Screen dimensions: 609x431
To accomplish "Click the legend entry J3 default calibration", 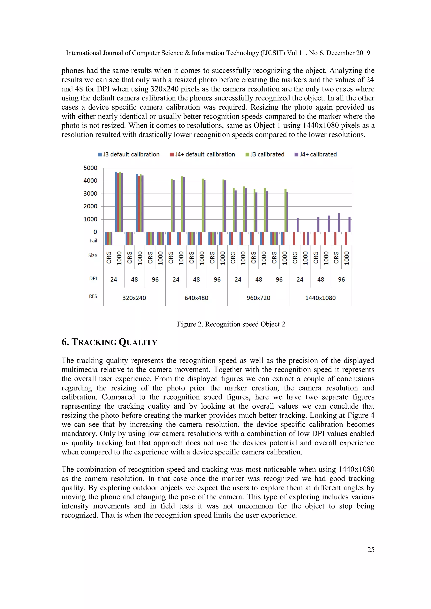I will coord(129,154).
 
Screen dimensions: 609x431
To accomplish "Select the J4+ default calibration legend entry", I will coord(203,154).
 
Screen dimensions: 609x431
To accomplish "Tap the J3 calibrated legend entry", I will coord(265,154).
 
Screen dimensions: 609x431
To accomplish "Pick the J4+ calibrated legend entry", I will coord(316,154).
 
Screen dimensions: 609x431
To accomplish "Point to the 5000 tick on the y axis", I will coord(90,168).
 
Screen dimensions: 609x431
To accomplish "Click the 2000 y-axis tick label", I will coord(90,206).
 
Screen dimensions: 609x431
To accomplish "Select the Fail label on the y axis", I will coord(93,241).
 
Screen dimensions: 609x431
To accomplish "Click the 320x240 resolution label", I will coord(134,298).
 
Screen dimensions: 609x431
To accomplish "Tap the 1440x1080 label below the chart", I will coord(320,298).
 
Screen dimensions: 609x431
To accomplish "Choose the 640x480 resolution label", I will coord(196,298).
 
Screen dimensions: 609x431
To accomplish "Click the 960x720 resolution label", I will coord(258,298).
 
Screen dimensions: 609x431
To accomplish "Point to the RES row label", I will coord(93,296).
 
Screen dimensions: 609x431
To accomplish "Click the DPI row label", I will coord(93,278).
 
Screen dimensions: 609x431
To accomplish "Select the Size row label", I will coord(93,256).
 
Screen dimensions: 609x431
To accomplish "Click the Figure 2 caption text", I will coord(231,324).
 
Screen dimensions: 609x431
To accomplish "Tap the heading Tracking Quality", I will coord(109,342).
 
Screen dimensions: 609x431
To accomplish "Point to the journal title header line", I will coord(218,53).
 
